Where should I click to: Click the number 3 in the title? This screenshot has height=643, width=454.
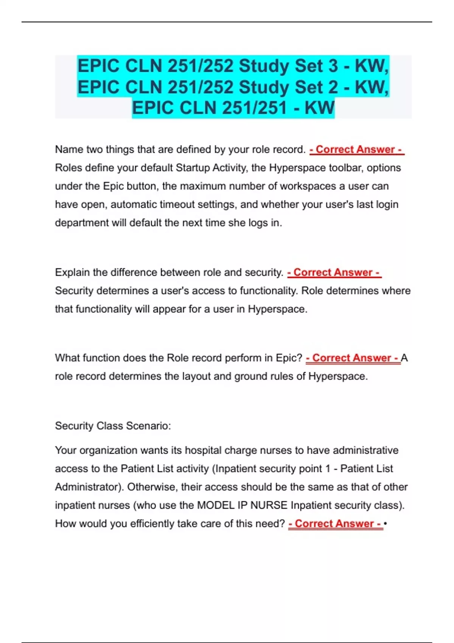(x=333, y=66)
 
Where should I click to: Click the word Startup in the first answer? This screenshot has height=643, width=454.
(x=193, y=168)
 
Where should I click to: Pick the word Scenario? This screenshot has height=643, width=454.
(x=148, y=426)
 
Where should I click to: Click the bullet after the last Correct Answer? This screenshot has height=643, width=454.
(x=385, y=524)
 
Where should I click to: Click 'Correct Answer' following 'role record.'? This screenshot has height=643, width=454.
(x=356, y=150)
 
